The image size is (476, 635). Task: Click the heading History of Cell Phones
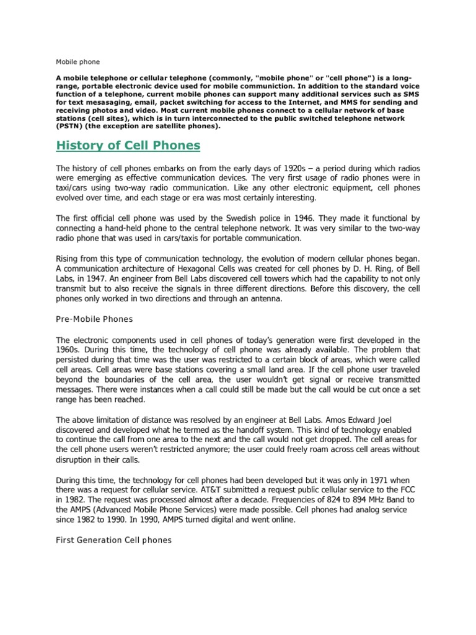(x=128, y=146)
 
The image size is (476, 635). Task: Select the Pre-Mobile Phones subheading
(x=94, y=319)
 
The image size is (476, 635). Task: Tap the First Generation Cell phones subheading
(x=113, y=540)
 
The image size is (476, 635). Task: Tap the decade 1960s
(x=69, y=350)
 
